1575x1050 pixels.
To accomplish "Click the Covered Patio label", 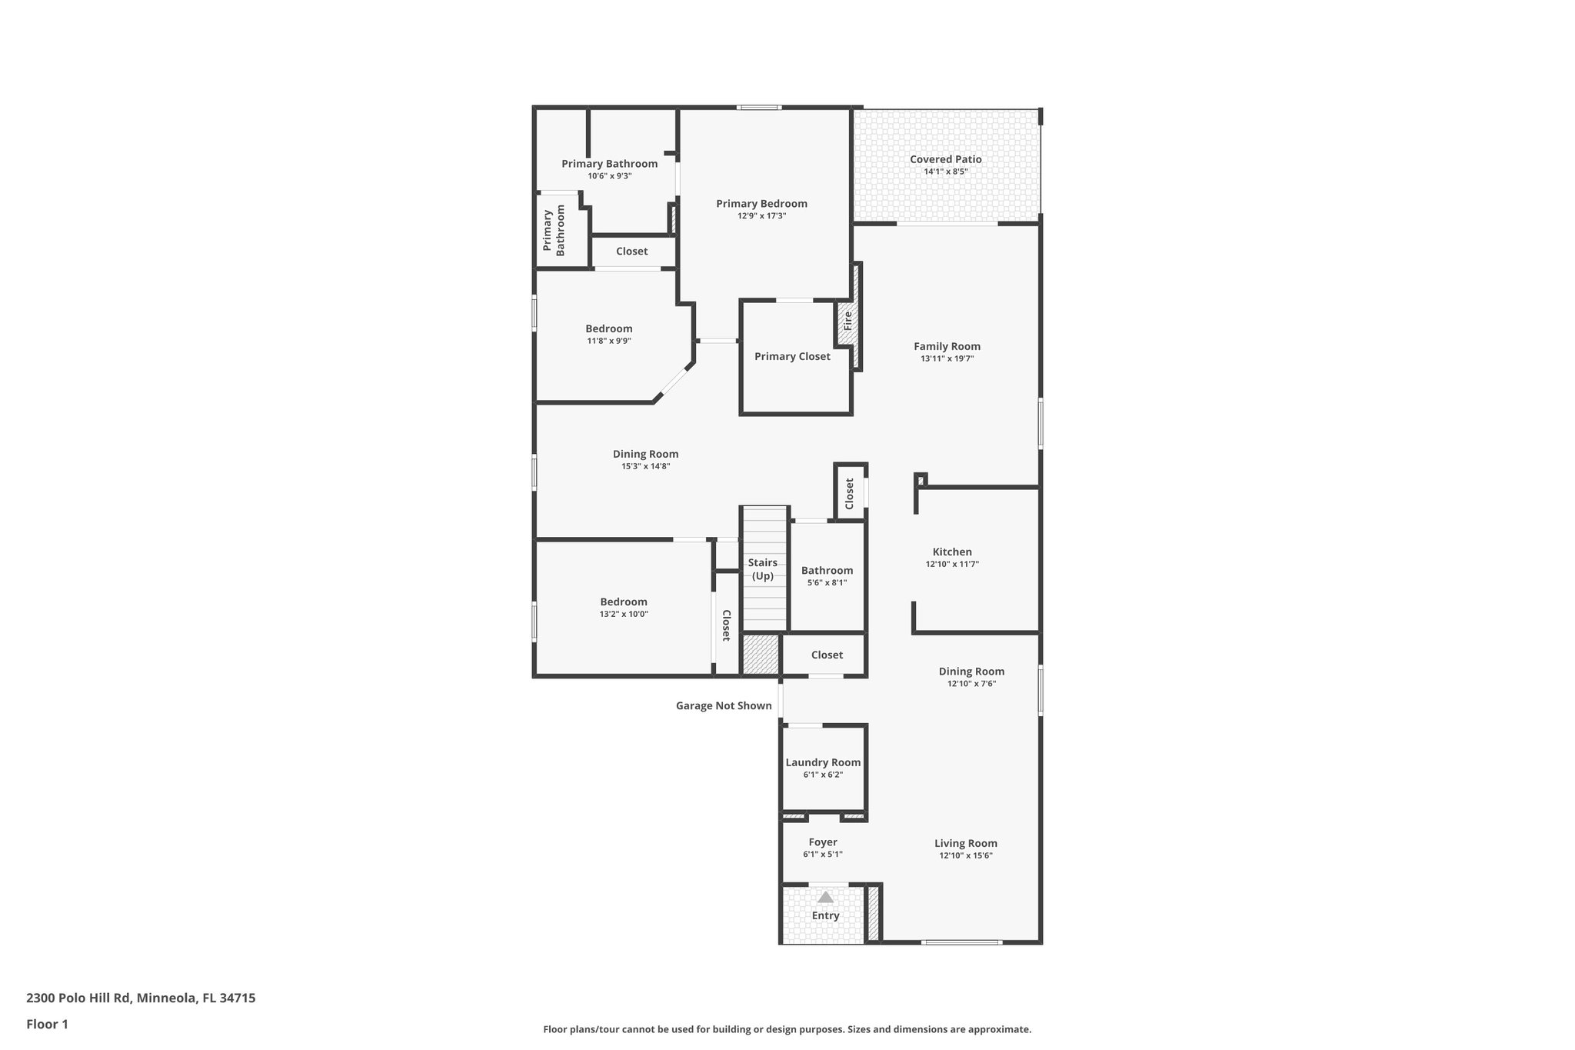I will (x=945, y=159).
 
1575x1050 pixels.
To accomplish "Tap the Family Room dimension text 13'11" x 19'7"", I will (x=947, y=358).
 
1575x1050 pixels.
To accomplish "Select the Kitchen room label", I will (x=952, y=552).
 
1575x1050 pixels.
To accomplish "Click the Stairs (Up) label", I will (x=763, y=569).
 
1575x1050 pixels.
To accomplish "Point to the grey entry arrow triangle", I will (x=825, y=897).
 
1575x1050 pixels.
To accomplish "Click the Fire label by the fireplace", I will (x=847, y=321).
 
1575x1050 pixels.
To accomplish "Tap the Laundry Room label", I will (x=823, y=762).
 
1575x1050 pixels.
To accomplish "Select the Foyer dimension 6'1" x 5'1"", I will (x=823, y=854).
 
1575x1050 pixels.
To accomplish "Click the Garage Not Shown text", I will (x=724, y=705).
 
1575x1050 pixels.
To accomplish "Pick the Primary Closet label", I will (x=792, y=356).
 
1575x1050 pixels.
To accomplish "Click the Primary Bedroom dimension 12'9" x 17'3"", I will (x=761, y=216).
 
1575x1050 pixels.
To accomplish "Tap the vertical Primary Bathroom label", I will (x=554, y=230).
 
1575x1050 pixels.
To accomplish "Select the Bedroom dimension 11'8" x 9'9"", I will (x=608, y=341).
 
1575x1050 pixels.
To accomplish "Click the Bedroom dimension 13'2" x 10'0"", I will (x=624, y=614).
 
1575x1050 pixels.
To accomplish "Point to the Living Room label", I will (x=966, y=843).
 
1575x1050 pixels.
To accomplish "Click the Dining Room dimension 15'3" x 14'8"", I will (x=645, y=466).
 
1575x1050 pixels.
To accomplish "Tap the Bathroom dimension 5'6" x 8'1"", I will (x=827, y=582).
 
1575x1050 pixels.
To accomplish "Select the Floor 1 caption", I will (x=47, y=1024).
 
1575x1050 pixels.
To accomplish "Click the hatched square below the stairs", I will (x=761, y=655).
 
